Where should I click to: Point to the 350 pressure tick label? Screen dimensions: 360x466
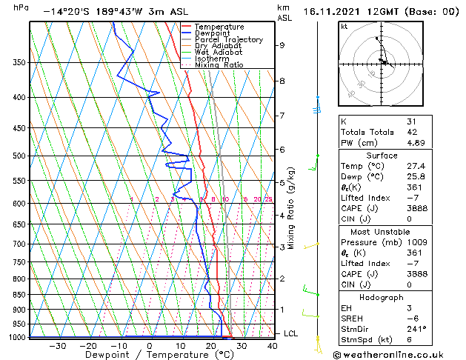click(x=19, y=63)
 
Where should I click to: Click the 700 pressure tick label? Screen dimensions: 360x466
click(x=19, y=244)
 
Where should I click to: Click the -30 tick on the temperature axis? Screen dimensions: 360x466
click(x=57, y=345)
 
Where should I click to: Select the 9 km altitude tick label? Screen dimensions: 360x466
click(x=282, y=45)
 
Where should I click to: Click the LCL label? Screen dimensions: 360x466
click(x=290, y=334)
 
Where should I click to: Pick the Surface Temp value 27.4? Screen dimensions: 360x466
click(x=416, y=167)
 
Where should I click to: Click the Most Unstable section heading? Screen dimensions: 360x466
click(x=382, y=232)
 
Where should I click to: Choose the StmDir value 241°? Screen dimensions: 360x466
click(x=416, y=329)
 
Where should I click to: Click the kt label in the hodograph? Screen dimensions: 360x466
click(x=344, y=27)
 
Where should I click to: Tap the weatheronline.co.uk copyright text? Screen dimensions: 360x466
click(x=397, y=354)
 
